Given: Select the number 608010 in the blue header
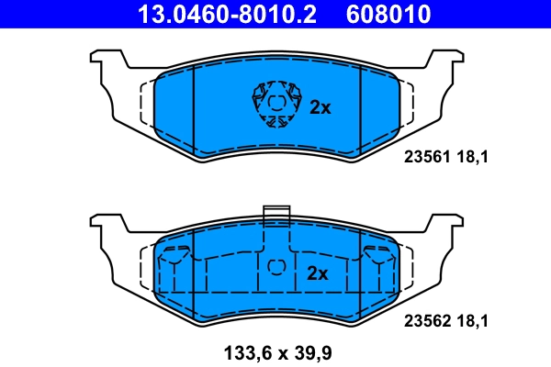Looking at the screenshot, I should click(389, 14).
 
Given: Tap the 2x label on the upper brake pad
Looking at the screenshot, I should click(320, 107).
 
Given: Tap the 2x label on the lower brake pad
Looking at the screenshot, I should click(318, 273).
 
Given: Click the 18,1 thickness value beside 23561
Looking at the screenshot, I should click(471, 157).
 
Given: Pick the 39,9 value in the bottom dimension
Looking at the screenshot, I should click(308, 352).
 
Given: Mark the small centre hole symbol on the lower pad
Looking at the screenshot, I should click(276, 268).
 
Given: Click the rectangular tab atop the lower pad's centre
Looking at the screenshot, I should click(275, 216).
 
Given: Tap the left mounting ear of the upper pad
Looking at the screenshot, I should click(103, 66).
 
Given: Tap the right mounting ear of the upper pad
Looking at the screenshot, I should click(448, 66).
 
